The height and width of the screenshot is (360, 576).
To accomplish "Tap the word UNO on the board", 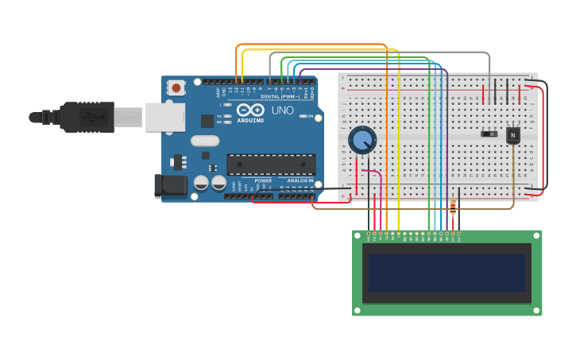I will coord(282,110).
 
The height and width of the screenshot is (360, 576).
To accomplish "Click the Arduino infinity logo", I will coord(250,110).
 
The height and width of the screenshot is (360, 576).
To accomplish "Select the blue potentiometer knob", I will coord(362,141).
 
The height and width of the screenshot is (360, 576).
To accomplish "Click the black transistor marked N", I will coord(513,135).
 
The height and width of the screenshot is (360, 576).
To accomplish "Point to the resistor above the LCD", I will coord(453,207).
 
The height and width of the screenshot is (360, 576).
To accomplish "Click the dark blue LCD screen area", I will coord(446,273).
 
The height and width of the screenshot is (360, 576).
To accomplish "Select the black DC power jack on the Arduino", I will coord(170,186).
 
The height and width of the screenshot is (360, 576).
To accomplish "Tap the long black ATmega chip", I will coord(271,164).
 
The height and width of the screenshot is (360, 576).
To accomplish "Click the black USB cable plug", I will coord(87,117).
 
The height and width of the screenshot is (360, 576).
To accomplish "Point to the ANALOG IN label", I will coord(300,181).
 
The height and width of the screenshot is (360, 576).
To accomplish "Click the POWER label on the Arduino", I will coord(263,181).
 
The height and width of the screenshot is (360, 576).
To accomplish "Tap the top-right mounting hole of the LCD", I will coord(536,236).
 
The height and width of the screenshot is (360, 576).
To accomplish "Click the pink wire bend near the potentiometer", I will coord(380,175).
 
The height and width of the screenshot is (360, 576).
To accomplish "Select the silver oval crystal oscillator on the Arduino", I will coord(205,141).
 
